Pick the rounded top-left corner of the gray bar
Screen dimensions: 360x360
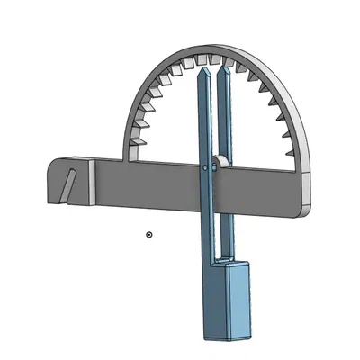tap(51, 160)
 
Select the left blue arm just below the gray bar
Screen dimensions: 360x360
tap(204, 229)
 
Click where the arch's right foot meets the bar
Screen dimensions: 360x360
tap(301, 171)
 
